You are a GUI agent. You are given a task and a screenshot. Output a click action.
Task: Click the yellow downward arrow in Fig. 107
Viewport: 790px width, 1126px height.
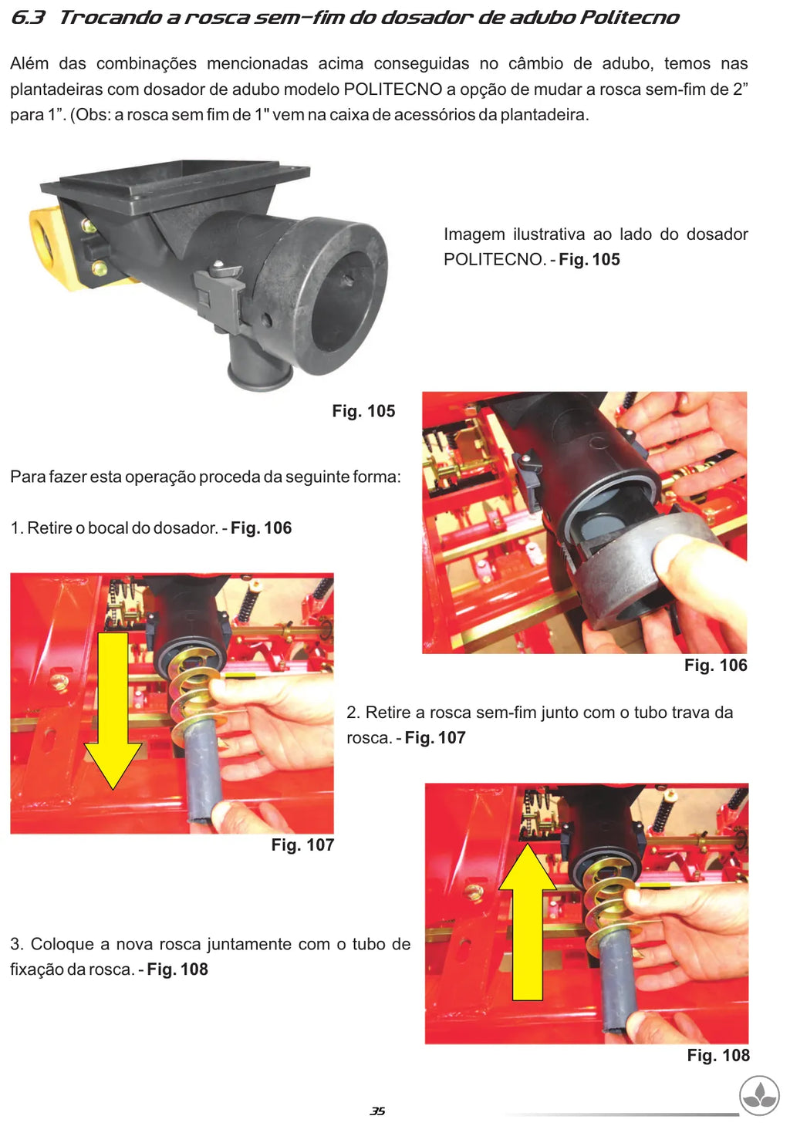click(x=113, y=709)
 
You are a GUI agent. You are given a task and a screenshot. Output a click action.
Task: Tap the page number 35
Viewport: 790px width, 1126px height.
click(x=377, y=1111)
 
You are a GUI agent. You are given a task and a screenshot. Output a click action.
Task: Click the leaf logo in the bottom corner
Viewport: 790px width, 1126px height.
click(x=759, y=1096)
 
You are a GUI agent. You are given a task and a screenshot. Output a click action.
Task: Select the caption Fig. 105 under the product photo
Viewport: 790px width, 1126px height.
click(x=363, y=411)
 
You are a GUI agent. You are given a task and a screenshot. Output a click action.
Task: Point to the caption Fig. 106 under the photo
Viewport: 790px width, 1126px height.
click(x=716, y=665)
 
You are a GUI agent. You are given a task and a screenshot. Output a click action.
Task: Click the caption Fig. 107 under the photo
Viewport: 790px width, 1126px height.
click(x=302, y=844)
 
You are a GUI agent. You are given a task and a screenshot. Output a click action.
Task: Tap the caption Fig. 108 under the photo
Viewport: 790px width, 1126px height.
click(x=718, y=1055)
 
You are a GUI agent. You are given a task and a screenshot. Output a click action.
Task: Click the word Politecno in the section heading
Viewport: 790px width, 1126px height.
click(x=629, y=18)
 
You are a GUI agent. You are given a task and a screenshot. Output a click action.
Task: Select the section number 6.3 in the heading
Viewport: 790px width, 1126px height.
click(x=28, y=18)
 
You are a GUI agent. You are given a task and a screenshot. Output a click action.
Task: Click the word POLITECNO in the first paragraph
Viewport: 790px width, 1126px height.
click(x=393, y=89)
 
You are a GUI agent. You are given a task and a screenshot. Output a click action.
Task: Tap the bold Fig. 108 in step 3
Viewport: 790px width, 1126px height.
click(x=177, y=969)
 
